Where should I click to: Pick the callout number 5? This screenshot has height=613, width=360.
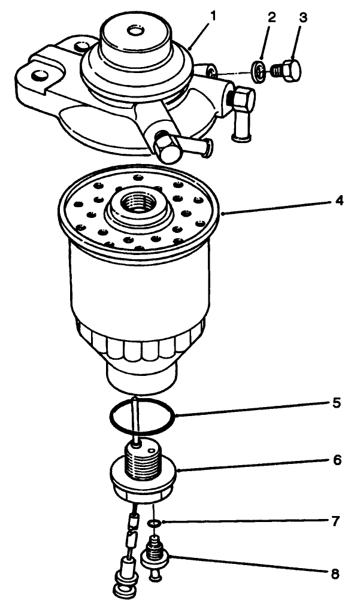pos(338,403)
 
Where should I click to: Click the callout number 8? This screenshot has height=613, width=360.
pos(334,574)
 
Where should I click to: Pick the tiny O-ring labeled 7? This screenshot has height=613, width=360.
pos(154,524)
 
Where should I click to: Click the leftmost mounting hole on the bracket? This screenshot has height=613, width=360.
pos(40,76)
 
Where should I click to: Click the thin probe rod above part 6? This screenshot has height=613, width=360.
pos(137,419)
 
